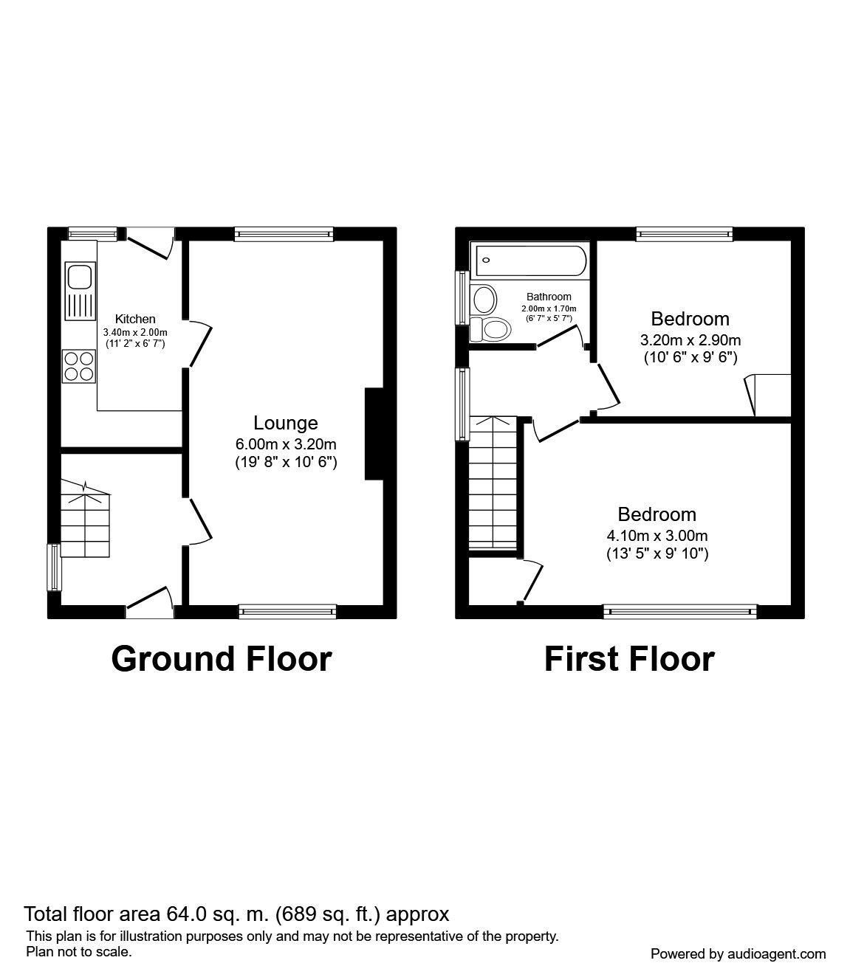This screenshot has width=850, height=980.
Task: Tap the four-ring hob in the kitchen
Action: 79,365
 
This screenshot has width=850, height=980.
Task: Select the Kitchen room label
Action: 136,319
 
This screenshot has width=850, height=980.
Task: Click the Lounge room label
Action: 286,423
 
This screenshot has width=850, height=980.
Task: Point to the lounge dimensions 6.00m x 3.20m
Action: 286,444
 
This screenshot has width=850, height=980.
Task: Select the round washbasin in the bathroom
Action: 484,300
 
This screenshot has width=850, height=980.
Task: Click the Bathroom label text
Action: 549,297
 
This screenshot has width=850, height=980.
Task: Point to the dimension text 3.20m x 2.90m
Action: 690,340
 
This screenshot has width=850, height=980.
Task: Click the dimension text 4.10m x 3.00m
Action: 657,536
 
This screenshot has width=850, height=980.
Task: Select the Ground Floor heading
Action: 222,658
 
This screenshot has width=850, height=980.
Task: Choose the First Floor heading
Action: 629,658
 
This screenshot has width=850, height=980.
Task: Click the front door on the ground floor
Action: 151,601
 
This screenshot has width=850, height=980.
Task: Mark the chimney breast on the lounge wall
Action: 374,435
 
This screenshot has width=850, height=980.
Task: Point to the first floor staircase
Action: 493,485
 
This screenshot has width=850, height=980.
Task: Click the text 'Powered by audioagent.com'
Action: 738,954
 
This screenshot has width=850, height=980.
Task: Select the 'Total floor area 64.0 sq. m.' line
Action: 236,914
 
